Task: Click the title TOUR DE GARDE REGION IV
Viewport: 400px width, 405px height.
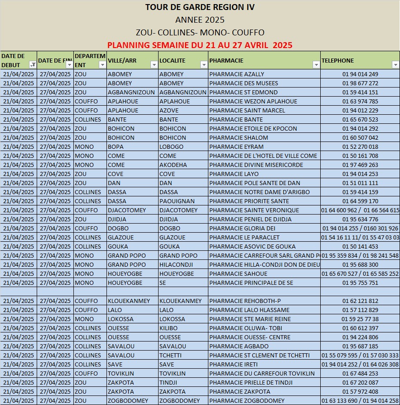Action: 200,7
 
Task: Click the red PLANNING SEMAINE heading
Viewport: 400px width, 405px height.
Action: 200,45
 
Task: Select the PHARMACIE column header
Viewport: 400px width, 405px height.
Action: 227,60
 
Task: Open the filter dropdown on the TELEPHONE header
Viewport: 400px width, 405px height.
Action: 395,65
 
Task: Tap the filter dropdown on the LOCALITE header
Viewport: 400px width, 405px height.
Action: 203,65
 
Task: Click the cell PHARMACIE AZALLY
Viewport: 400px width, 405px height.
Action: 237,74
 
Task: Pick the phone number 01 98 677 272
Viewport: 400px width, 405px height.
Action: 360,83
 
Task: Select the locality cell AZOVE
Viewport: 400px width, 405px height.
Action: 169,111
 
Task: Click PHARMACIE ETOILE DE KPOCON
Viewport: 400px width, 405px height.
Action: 253,129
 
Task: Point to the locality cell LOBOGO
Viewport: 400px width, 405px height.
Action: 171,147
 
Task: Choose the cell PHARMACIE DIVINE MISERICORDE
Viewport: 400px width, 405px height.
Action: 256,165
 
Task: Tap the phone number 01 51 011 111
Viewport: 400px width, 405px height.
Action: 360,183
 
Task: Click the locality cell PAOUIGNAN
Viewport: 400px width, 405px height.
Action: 177,201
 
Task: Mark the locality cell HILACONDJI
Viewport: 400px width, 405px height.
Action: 176,265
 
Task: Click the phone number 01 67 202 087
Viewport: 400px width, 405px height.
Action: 360,383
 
